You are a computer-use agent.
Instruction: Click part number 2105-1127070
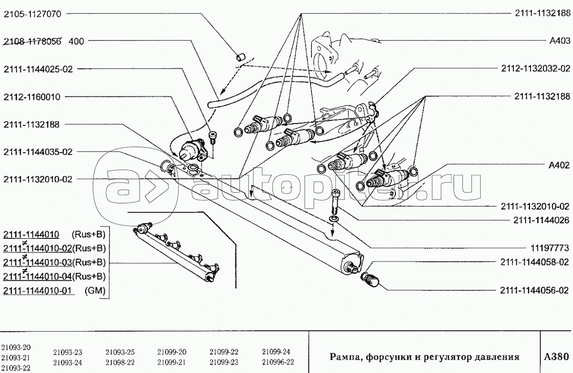point(32,14)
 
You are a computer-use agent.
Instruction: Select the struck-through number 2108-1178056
point(32,41)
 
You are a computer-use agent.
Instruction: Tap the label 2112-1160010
point(32,97)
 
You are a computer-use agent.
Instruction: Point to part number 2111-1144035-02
point(38,152)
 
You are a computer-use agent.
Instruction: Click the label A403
point(560,41)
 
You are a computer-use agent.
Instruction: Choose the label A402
point(559,165)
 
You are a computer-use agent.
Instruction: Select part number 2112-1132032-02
point(536,69)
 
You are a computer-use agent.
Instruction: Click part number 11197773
point(549,248)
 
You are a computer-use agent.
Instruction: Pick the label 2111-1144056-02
point(534,290)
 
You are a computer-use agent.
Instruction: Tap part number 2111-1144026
point(541,220)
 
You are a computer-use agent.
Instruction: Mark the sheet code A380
point(556,357)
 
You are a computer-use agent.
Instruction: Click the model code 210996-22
point(278,362)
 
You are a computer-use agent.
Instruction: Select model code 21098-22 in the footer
point(120,362)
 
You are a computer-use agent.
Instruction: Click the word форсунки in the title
point(387,357)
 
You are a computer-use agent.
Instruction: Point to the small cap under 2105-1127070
point(240,57)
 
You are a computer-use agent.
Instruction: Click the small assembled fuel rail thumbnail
point(177,252)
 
